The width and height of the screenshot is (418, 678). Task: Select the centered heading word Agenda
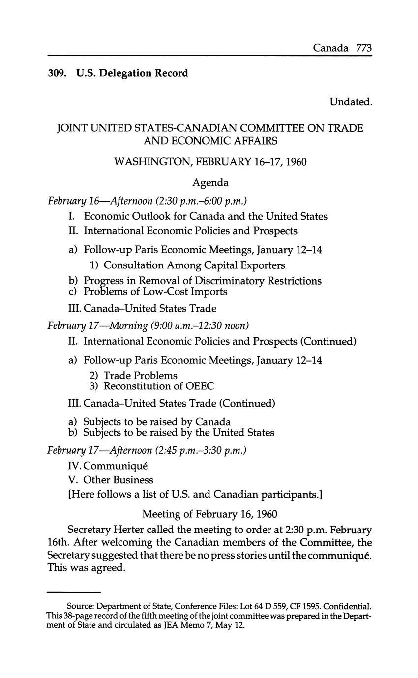210,182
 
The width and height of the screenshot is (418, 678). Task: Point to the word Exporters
262,265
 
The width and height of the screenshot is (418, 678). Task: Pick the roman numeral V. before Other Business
73,480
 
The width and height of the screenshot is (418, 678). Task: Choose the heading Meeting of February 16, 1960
210,514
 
